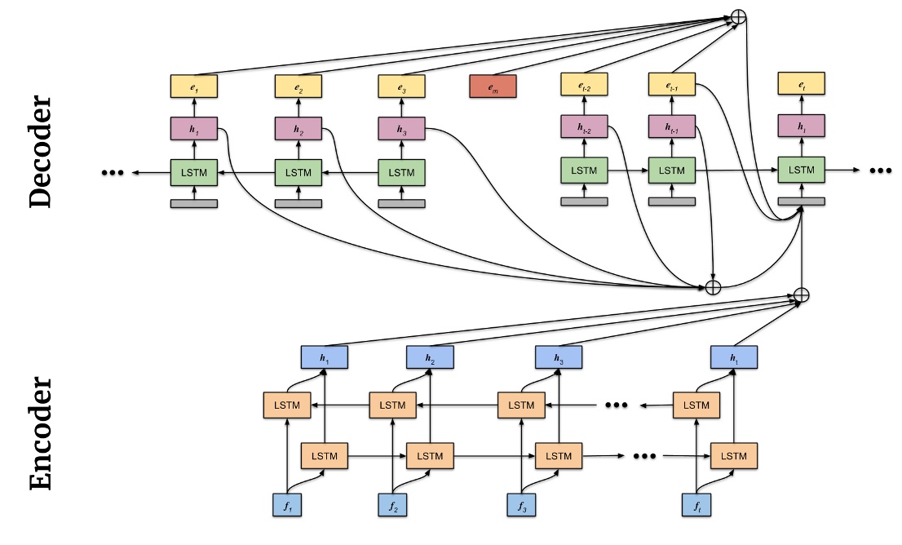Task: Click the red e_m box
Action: tap(493, 86)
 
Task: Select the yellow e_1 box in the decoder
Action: tap(194, 85)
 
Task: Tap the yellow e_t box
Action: tap(802, 83)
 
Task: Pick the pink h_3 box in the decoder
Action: tap(401, 129)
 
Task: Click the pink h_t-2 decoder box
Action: tap(584, 126)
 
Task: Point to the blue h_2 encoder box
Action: tap(431, 357)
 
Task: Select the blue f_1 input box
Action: tap(287, 505)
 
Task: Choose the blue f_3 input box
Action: tap(521, 505)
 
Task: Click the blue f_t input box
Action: tap(696, 505)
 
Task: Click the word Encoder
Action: tap(40, 433)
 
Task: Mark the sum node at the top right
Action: tap(739, 17)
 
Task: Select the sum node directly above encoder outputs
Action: tap(802, 295)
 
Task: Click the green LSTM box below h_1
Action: tap(194, 172)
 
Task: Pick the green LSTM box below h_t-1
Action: tap(672, 171)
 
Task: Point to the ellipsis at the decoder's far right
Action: tap(882, 171)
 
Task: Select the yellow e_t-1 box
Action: tap(672, 83)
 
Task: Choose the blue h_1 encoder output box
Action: tap(325, 357)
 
